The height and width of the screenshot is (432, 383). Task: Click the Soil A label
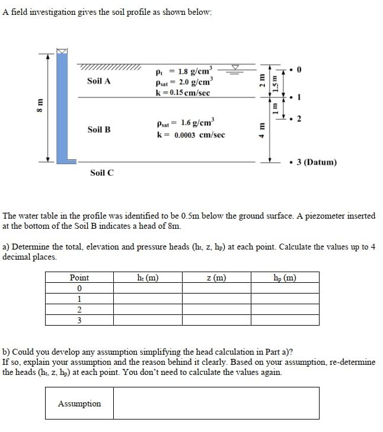click(x=98, y=81)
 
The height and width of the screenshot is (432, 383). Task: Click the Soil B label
click(x=98, y=129)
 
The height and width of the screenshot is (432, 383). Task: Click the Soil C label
click(x=102, y=172)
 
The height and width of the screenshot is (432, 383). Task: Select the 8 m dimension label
click(x=39, y=106)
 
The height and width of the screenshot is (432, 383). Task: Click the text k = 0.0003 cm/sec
click(x=190, y=135)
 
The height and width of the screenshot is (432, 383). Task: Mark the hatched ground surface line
click(x=109, y=67)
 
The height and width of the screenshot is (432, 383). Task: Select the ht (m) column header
click(x=147, y=277)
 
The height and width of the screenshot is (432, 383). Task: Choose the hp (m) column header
click(x=285, y=277)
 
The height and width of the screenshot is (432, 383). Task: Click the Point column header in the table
click(x=79, y=278)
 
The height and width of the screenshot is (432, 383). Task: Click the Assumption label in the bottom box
click(x=79, y=403)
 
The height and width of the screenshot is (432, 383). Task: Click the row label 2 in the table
click(x=79, y=310)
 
